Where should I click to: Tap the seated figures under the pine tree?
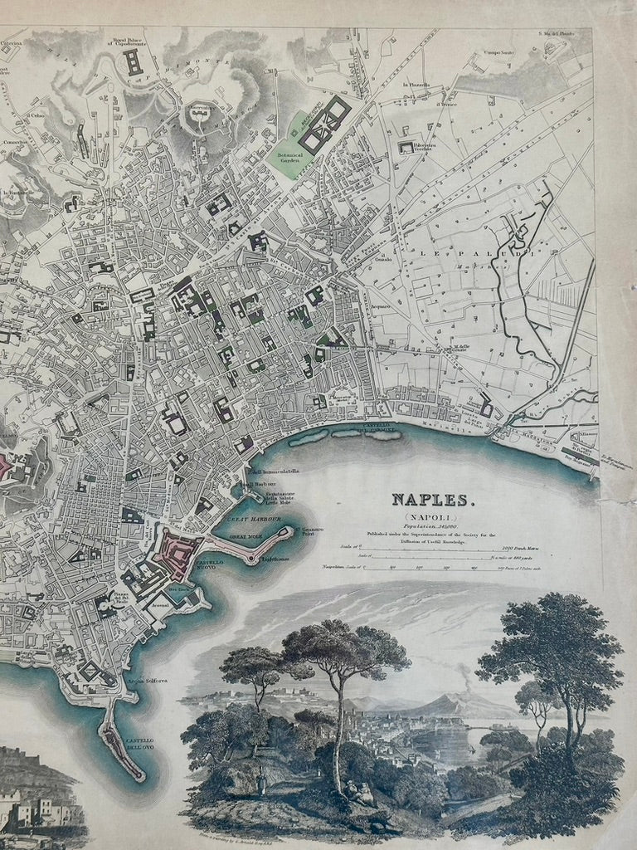point(357,793)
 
